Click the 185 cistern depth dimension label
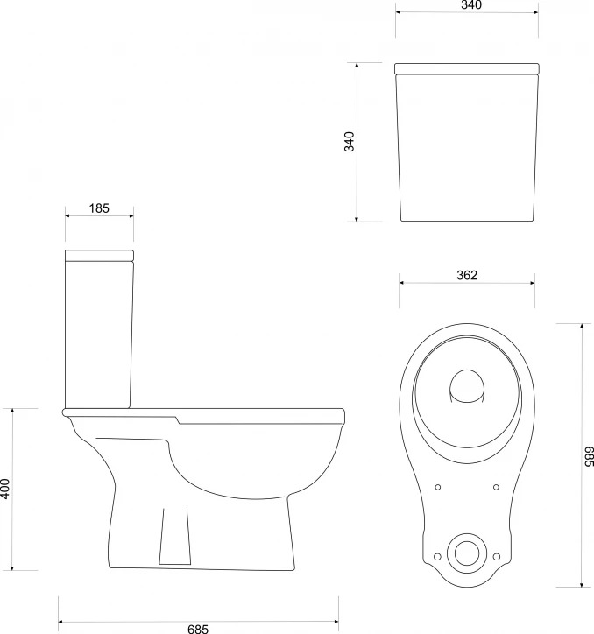[x=99, y=208]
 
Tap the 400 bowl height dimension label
[x=5, y=489]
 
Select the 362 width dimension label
[x=467, y=275]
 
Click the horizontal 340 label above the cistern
[x=471, y=5]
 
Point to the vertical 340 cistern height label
[x=349, y=142]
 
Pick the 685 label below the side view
[x=198, y=629]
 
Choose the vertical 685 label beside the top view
[x=589, y=456]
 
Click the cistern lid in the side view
[x=100, y=255]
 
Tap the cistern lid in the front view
[x=467, y=68]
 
